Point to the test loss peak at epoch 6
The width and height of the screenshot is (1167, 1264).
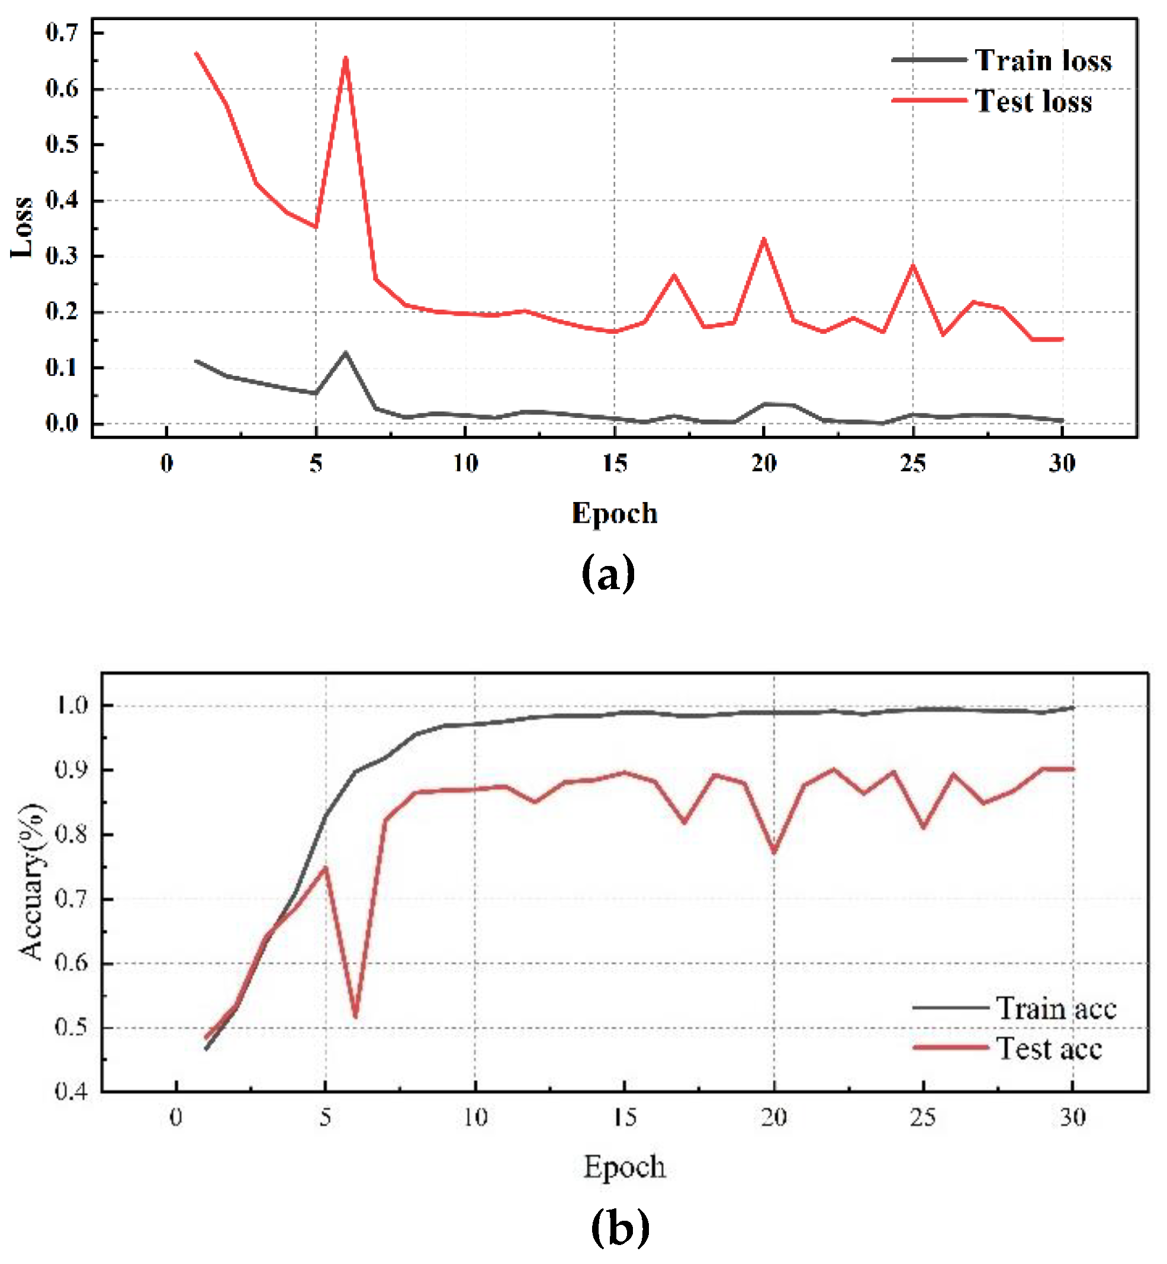(x=345, y=59)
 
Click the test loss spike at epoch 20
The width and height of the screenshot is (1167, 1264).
(x=764, y=239)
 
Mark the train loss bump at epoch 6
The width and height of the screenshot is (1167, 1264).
(x=345, y=352)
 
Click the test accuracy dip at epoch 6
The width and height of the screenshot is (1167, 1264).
(x=355, y=1017)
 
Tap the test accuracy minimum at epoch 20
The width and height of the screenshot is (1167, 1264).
(x=774, y=853)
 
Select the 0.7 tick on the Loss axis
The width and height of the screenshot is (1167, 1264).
(x=62, y=32)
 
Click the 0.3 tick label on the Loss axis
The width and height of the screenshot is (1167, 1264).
(x=62, y=256)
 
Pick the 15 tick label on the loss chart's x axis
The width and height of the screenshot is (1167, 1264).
(x=615, y=464)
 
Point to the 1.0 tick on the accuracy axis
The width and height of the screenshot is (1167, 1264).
(x=72, y=705)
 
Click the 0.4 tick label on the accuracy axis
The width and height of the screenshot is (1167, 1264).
(x=72, y=1091)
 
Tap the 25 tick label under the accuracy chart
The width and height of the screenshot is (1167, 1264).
(x=922, y=1118)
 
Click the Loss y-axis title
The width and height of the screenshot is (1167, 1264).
(x=22, y=227)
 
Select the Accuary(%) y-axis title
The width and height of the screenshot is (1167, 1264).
(x=31, y=883)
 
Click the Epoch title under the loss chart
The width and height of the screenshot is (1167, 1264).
(x=615, y=513)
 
